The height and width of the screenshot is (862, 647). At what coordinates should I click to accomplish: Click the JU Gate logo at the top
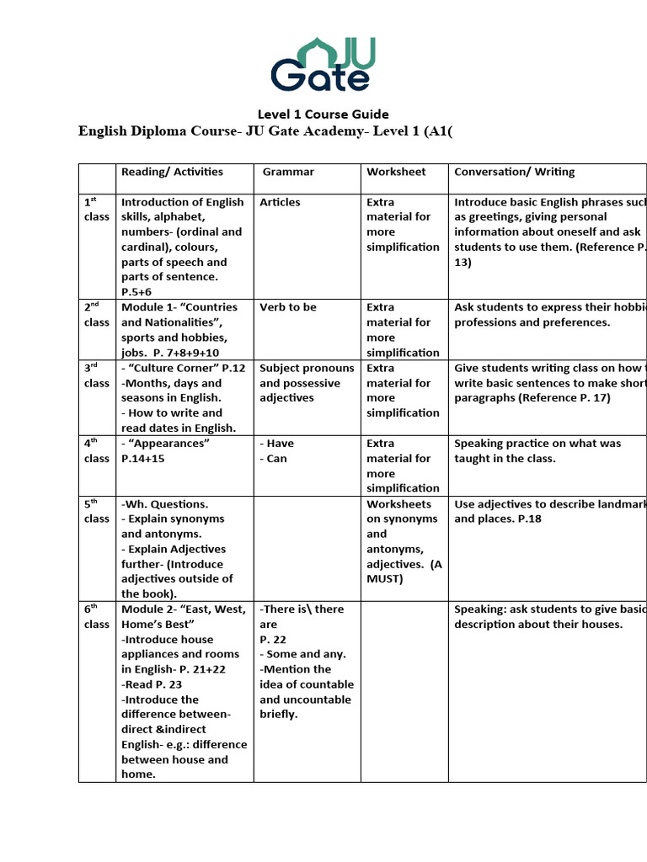pyautogui.click(x=323, y=64)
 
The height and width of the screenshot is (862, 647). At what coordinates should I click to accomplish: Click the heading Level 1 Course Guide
pyautogui.click(x=323, y=114)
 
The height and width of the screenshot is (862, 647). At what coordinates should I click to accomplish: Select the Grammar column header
pyautogui.click(x=288, y=172)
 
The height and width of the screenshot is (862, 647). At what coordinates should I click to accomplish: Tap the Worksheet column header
pyautogui.click(x=396, y=172)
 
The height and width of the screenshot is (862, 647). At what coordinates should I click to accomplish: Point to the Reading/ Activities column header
pyautogui.click(x=172, y=172)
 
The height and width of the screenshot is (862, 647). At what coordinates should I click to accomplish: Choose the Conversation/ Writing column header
pyautogui.click(x=514, y=172)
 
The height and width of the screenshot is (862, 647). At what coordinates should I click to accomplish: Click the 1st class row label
pyautogui.click(x=96, y=210)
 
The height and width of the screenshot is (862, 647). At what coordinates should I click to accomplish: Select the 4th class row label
pyautogui.click(x=96, y=451)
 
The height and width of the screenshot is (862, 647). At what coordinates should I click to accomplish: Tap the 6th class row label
pyautogui.click(x=96, y=616)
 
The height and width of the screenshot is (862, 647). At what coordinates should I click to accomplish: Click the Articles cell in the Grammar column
pyautogui.click(x=280, y=202)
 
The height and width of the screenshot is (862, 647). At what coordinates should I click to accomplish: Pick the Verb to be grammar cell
pyautogui.click(x=288, y=307)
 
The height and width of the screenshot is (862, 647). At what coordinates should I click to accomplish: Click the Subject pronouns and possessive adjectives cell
pyautogui.click(x=307, y=383)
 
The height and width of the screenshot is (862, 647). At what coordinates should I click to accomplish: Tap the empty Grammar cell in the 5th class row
pyautogui.click(x=307, y=548)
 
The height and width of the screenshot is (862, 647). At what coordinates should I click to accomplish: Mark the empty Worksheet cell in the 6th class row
pyautogui.click(x=404, y=691)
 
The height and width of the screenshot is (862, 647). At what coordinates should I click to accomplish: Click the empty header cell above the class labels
pyautogui.click(x=96, y=178)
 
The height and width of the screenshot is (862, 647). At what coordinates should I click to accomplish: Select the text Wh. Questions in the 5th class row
pyautogui.click(x=165, y=504)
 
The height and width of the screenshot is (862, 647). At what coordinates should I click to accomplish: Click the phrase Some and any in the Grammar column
pyautogui.click(x=303, y=654)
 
